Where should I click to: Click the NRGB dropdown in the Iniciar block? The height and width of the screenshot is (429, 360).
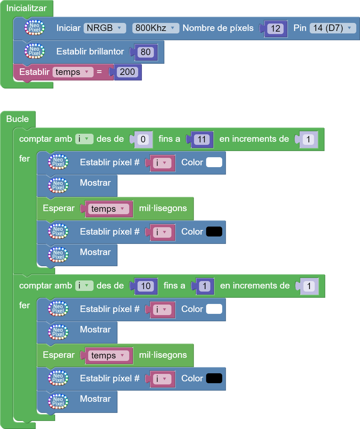coord(104,28)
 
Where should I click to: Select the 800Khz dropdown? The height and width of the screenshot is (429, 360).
coord(155,28)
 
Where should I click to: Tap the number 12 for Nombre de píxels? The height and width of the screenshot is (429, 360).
coord(275,29)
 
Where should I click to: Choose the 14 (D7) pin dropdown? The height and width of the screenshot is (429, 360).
coord(332,28)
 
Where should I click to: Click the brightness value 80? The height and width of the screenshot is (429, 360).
coord(145,52)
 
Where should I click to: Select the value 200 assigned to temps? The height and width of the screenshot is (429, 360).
coord(127,72)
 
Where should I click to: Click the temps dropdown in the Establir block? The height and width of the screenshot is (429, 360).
coord(72,72)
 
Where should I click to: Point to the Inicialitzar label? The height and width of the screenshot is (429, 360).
coord(26,8)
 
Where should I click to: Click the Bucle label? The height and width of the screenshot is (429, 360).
coord(17,119)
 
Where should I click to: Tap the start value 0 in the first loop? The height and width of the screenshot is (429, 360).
coord(143,140)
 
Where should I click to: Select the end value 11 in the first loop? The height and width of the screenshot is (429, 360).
coord(201,140)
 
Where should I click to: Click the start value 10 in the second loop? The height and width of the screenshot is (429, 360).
coord(146,286)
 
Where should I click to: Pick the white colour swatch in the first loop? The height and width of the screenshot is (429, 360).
coord(214,162)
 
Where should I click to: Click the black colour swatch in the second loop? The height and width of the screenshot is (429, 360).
coord(214,379)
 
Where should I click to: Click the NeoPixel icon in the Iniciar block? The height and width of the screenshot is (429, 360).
coord(34,28)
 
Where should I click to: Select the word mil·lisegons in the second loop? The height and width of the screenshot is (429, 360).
coord(163,355)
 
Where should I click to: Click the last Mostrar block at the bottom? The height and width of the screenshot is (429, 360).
coord(95,399)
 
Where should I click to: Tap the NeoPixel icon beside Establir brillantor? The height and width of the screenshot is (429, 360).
coord(34,51)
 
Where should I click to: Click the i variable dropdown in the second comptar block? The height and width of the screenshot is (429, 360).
coord(84,286)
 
